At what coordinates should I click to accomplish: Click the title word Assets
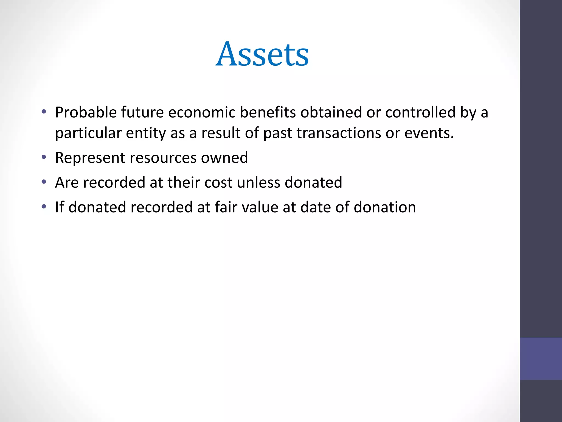pos(262,54)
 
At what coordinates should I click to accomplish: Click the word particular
pos(88,134)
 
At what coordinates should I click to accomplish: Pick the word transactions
pos(339,134)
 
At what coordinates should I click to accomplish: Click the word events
pos(429,134)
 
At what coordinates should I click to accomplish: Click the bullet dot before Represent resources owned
pos(44,157)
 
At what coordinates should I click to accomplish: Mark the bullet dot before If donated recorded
pos(44,206)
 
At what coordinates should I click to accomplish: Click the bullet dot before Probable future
pos(44,112)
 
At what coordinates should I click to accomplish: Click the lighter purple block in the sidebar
pos(541,359)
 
